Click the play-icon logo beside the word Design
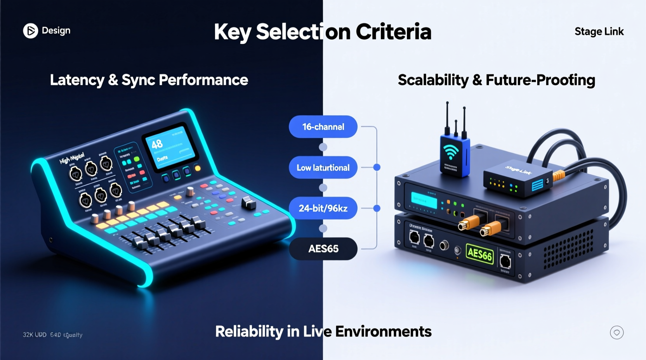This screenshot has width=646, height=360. pos(30,31)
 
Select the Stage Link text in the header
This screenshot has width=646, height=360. pos(599,31)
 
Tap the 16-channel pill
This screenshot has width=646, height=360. pos(323,127)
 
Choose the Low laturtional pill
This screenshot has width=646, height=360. pos(323,168)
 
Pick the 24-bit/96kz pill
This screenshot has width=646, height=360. pos(323,208)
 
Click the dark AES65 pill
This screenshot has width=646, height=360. pos(323,249)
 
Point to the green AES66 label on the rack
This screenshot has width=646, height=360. pos(480,254)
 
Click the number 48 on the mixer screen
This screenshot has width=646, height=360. pos(157,145)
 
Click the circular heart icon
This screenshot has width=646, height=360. pos(616,332)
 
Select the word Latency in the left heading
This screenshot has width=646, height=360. pos(77,80)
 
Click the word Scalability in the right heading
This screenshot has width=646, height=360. pos(433,80)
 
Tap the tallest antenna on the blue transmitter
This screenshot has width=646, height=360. pos(447,116)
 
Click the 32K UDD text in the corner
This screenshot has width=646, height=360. pos(35,335)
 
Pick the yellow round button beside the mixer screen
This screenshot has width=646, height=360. pos(198,168)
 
